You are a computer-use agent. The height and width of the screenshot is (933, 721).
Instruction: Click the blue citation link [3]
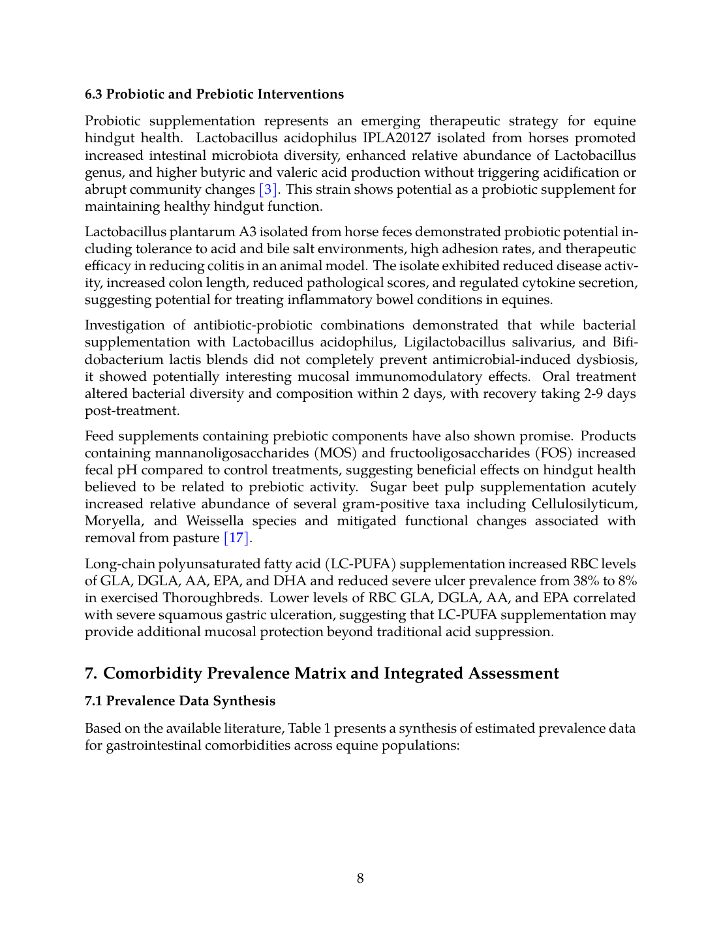[268, 190]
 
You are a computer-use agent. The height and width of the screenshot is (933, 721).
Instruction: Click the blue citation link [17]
[237, 538]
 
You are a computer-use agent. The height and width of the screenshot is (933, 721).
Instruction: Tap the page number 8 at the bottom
[360, 878]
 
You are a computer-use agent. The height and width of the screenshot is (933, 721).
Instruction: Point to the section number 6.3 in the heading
[93, 95]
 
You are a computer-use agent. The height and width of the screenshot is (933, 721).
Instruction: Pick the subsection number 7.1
[93, 701]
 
